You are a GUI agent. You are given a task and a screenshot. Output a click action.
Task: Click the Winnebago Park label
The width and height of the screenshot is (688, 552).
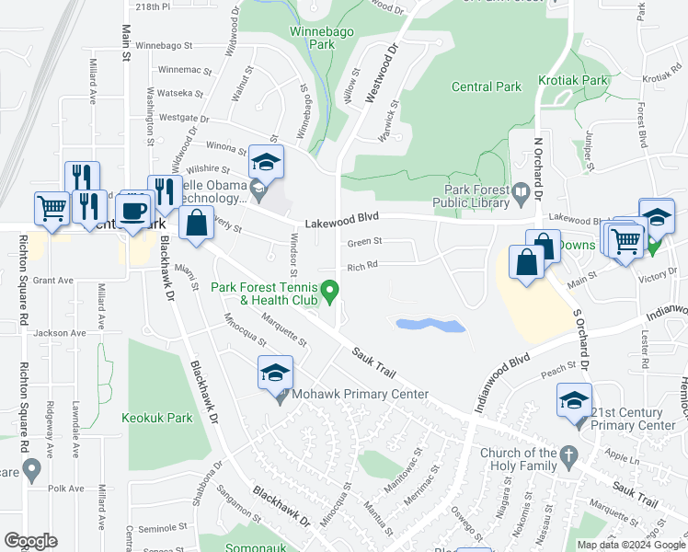(310, 37)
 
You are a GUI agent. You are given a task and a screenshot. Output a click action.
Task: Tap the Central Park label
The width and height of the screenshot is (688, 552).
(487, 87)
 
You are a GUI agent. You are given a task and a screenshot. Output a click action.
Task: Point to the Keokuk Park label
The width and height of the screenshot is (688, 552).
(157, 417)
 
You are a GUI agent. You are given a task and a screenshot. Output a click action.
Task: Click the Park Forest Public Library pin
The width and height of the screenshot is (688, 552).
(522, 193)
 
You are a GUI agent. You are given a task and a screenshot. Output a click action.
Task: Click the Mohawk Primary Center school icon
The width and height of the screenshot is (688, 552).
(275, 373)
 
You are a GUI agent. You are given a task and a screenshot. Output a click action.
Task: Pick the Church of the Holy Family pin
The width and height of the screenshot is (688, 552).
(569, 454)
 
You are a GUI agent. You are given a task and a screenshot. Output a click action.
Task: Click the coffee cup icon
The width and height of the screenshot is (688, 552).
(133, 211)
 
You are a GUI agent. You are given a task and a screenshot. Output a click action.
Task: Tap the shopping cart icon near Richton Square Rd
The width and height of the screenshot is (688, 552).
(52, 208)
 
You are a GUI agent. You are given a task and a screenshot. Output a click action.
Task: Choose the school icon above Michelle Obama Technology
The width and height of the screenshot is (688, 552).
(266, 162)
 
